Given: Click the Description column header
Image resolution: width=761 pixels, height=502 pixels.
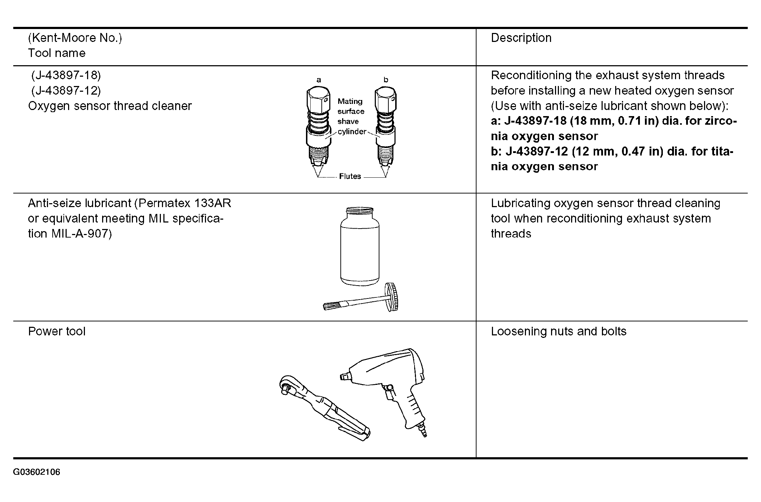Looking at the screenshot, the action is pyautogui.click(x=521, y=38).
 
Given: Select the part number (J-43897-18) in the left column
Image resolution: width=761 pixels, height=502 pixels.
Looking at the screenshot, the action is pyautogui.click(x=66, y=75).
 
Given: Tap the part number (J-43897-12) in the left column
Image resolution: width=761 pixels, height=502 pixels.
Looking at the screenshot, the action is pyautogui.click(x=66, y=91).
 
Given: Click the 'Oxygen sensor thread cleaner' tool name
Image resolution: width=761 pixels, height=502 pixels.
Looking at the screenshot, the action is pyautogui.click(x=110, y=106).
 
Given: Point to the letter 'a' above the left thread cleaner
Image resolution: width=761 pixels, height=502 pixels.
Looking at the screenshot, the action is pyautogui.click(x=319, y=80).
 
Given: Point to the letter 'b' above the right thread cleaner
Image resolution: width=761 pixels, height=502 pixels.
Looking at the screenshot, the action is pyautogui.click(x=386, y=80).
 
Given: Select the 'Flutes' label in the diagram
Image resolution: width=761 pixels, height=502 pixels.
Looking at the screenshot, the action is pyautogui.click(x=350, y=176).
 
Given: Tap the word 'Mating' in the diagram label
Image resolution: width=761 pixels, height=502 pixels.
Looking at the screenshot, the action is pyautogui.click(x=350, y=101).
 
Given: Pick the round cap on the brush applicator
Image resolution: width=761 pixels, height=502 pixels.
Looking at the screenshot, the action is pyautogui.click(x=392, y=297).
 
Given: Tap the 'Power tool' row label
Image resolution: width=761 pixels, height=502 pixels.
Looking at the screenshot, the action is pyautogui.click(x=57, y=331).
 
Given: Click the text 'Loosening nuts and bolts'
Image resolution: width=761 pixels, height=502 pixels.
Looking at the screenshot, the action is pyautogui.click(x=558, y=331).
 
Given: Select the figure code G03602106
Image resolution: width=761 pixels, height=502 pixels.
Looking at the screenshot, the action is pyautogui.click(x=37, y=472).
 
